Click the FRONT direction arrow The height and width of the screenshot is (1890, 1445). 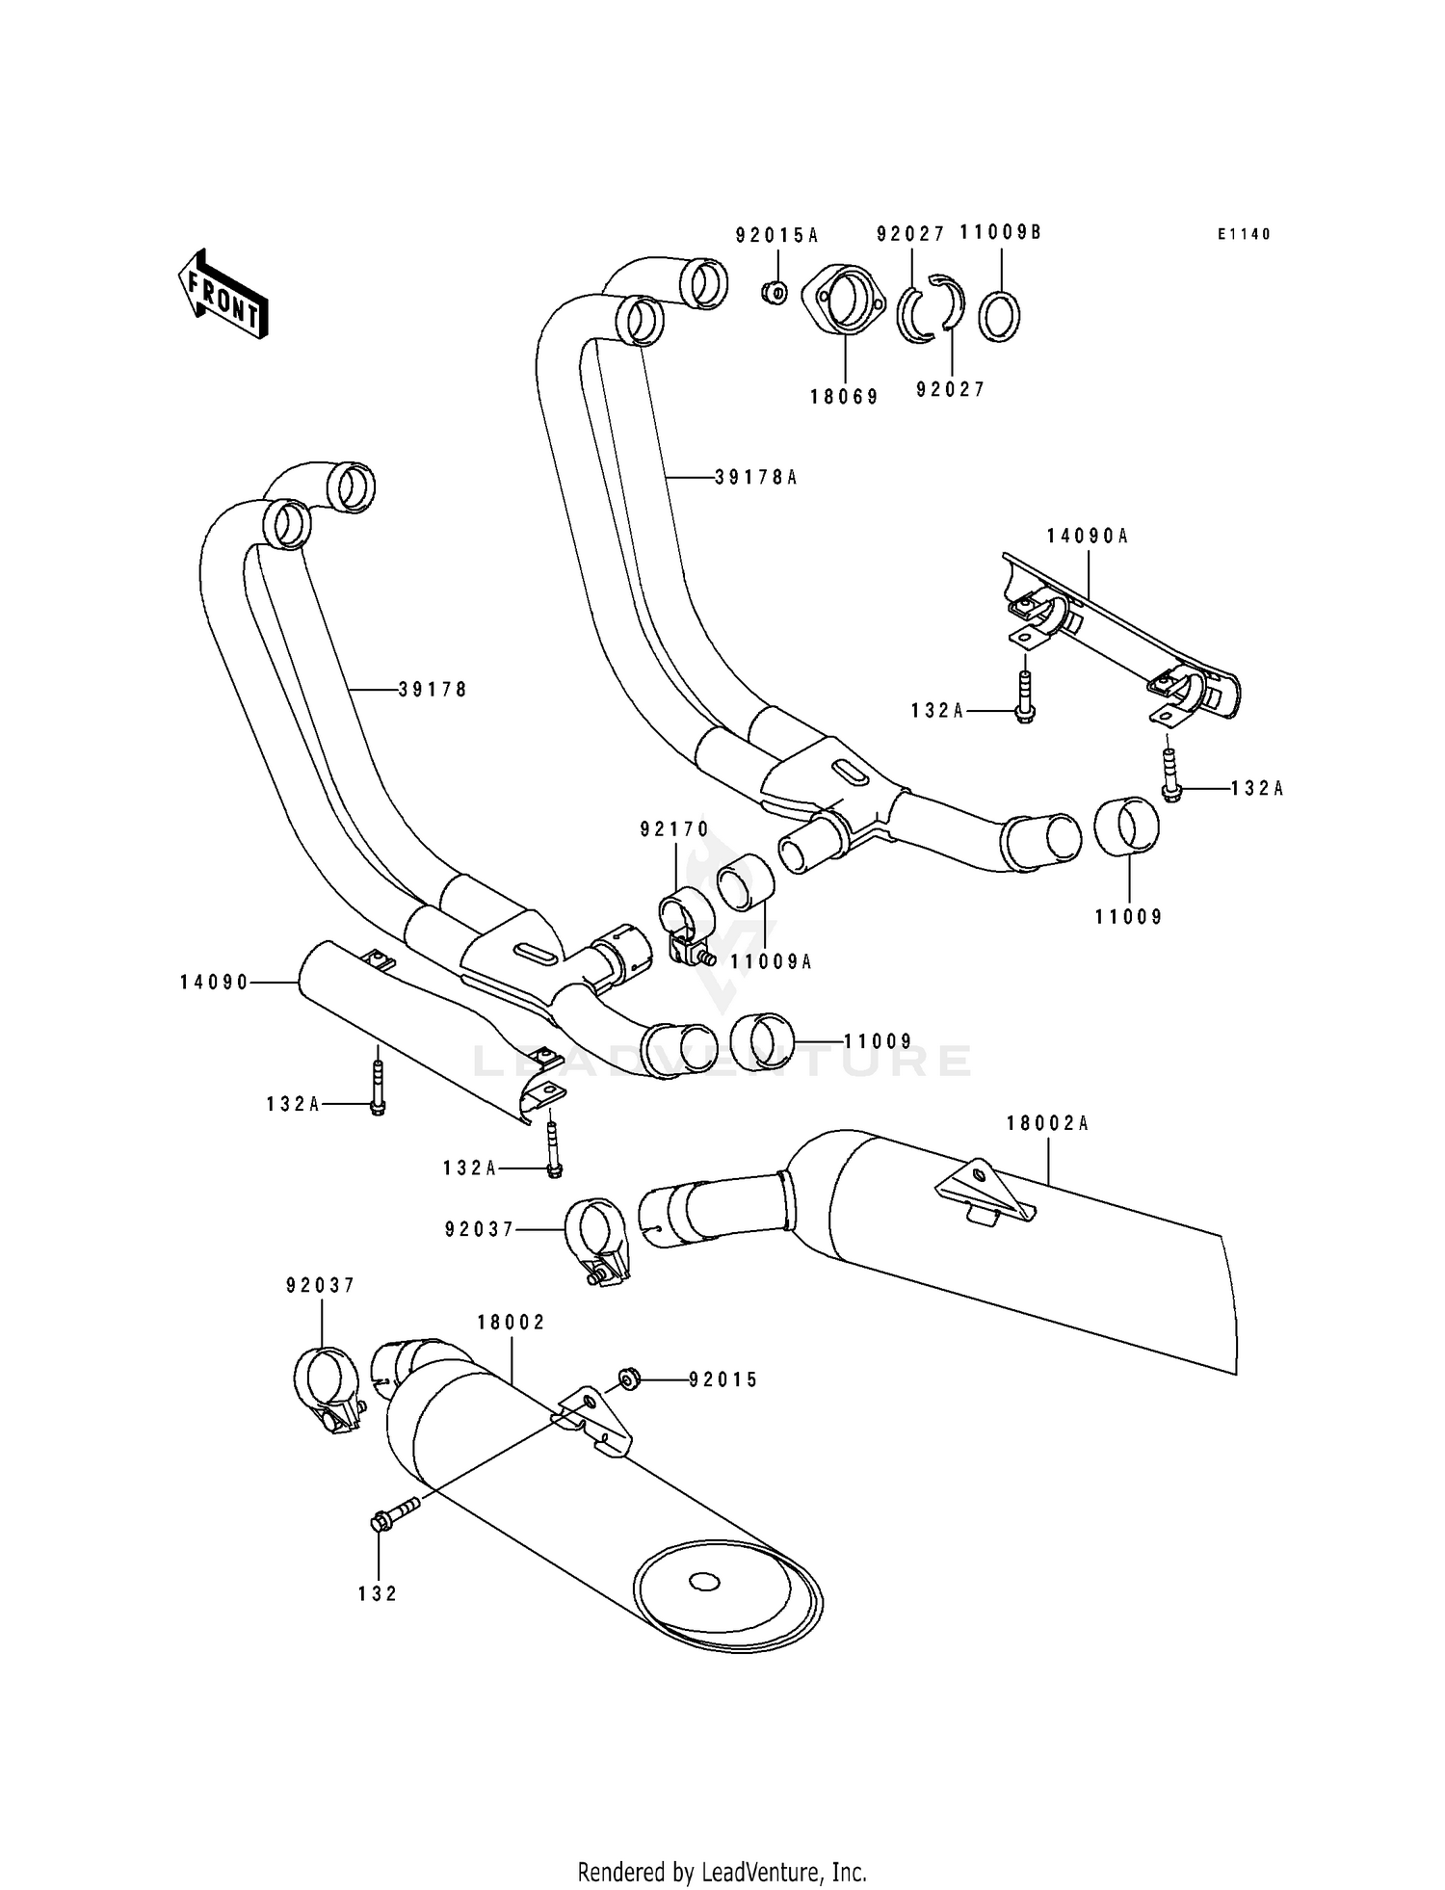223,294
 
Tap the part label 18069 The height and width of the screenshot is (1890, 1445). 844,396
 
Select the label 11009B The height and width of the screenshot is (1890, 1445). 1000,232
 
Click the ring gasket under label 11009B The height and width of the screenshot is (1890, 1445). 1000,315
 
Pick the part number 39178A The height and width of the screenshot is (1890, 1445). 756,477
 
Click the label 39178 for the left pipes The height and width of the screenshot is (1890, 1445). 432,689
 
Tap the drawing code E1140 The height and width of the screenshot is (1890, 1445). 1244,234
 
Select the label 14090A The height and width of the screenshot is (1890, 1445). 1088,537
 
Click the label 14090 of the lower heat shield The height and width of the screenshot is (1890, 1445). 214,982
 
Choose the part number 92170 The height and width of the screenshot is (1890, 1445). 674,828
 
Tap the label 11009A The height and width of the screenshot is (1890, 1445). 771,960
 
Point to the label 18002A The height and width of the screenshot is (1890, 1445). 1047,1122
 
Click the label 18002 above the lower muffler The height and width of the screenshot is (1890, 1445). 511,1323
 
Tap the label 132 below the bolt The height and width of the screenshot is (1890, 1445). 378,1594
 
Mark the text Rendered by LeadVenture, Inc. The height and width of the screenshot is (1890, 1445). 722,1871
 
